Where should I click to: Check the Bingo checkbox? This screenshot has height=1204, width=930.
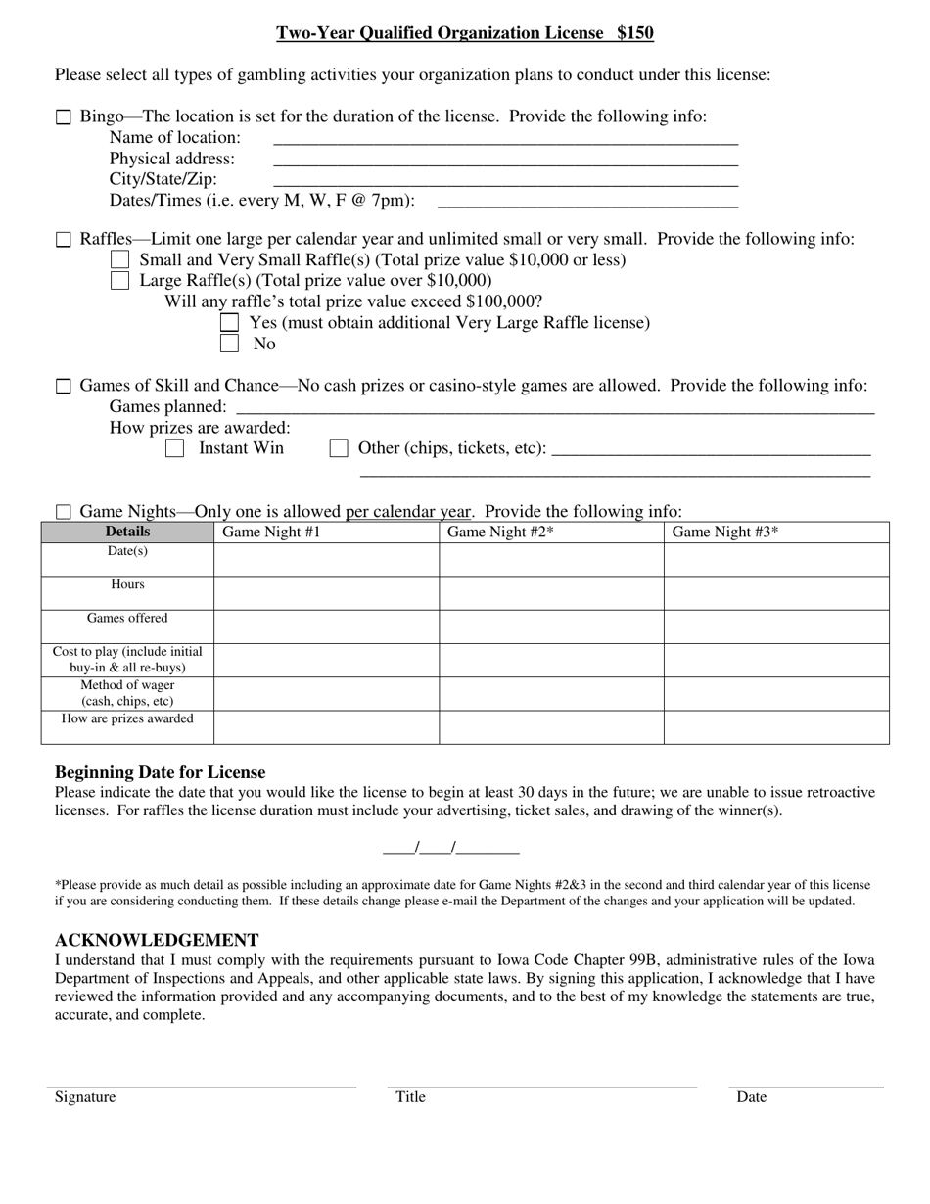[64, 117]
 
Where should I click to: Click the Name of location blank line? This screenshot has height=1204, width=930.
[505, 137]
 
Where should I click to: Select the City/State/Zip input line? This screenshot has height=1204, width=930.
[505, 179]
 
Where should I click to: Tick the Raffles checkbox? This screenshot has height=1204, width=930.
[64, 240]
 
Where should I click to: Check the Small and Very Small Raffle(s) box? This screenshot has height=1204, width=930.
[120, 259]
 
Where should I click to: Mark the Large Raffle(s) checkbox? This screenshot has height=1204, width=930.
[120, 281]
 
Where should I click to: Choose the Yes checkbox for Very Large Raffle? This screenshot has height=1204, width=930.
[230, 322]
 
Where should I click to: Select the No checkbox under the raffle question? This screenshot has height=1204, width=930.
[230, 344]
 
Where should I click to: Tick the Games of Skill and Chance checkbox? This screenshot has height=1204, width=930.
[64, 387]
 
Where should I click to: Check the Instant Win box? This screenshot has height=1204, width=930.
[175, 448]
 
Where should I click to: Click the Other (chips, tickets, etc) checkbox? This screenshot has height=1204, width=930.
[339, 448]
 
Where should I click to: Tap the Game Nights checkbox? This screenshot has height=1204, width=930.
[64, 512]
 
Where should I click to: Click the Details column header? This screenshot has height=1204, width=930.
[127, 532]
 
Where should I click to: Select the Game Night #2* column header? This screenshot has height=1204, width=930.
[551, 533]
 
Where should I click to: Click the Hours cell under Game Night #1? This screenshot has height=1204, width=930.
[326, 593]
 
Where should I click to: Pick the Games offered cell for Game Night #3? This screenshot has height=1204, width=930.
[776, 626]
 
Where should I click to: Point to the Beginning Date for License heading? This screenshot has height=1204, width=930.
[160, 772]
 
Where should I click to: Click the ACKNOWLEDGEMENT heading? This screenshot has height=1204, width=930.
[157, 940]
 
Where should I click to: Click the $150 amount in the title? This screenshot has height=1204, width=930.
[634, 33]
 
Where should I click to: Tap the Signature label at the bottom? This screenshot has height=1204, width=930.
[85, 1097]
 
